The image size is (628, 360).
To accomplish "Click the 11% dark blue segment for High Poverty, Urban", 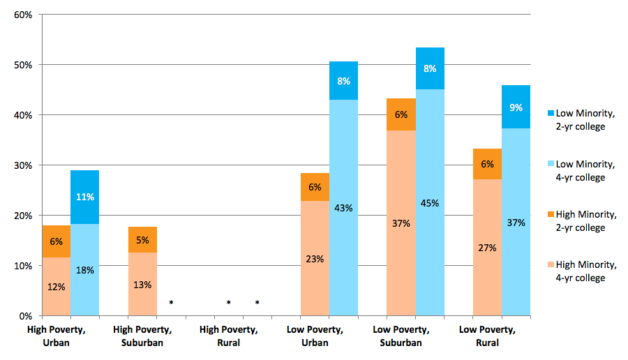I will click(84, 197).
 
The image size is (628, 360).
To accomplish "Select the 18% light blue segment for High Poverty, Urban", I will click(84, 269).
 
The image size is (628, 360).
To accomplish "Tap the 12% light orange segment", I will click(56, 287).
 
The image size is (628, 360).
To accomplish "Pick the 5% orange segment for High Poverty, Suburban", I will click(142, 239).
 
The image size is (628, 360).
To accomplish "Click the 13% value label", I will click(142, 285).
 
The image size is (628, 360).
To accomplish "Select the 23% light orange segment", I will click(315, 258).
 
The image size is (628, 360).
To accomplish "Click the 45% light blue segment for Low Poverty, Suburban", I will click(430, 203).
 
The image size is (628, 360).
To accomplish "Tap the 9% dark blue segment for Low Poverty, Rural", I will click(516, 107).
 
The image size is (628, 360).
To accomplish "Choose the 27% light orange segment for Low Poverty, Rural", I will click(487, 248).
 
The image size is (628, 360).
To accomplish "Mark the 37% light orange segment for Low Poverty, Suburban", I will click(401, 223).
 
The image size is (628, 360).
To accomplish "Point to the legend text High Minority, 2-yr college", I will click(586, 220).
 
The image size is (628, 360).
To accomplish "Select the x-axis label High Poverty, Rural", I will click(228, 336).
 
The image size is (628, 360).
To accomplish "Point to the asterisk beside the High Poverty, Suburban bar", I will click(171, 302).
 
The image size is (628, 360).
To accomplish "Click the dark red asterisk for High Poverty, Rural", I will click(257, 302).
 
